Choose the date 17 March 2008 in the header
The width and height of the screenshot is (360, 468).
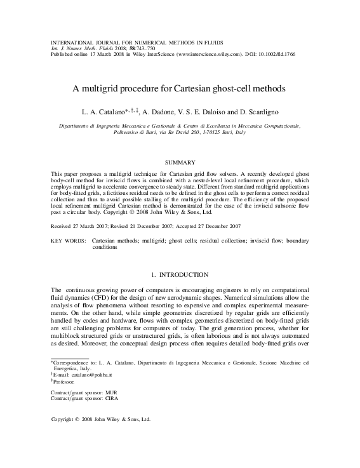(105, 54)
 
